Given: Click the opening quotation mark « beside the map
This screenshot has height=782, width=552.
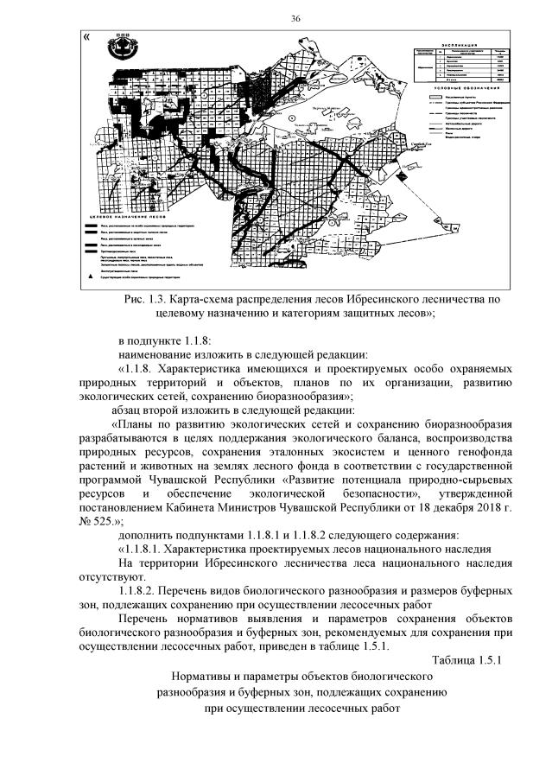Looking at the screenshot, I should (x=86, y=37).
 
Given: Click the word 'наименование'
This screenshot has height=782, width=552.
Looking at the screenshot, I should (x=155, y=354).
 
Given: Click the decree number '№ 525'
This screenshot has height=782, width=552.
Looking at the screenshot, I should (x=99, y=520).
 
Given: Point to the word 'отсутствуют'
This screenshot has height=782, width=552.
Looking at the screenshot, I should (x=112, y=575).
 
